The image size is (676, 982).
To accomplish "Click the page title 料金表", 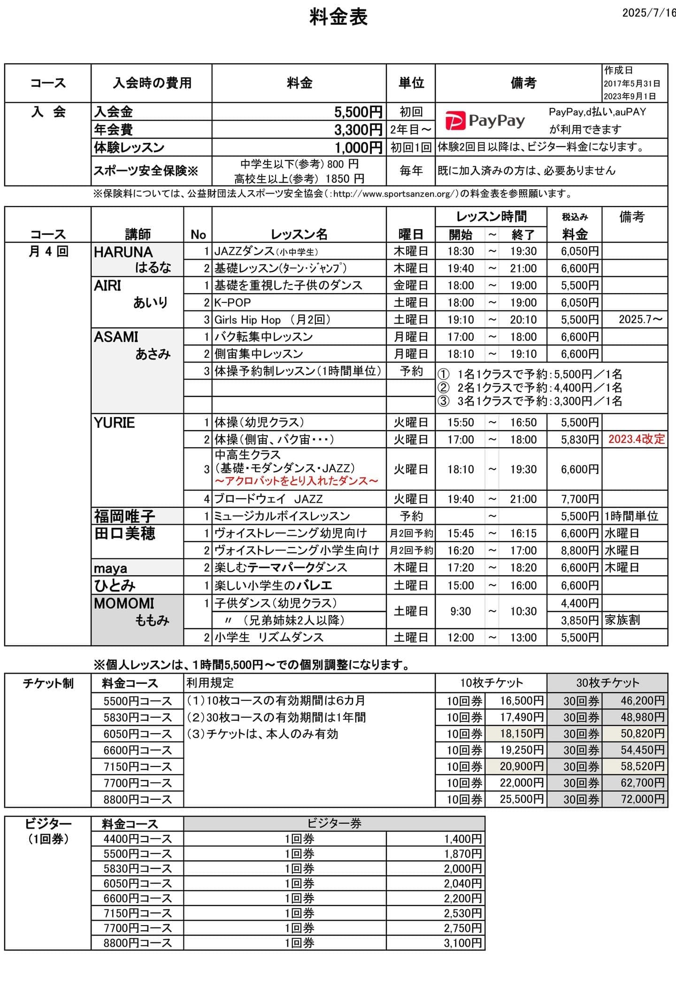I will [338, 17].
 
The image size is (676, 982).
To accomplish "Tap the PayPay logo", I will [484, 121].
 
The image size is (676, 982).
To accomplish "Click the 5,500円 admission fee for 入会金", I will [358, 112].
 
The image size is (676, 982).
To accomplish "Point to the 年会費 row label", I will [114, 130].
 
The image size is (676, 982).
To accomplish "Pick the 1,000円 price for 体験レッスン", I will [358, 148].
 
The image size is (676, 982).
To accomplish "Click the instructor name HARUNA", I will [123, 252].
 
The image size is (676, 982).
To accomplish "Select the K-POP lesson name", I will [233, 302].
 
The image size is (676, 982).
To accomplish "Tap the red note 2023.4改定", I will [637, 439].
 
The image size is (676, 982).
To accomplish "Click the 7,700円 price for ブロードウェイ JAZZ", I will [580, 499].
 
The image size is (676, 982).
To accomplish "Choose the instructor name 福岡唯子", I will [124, 516].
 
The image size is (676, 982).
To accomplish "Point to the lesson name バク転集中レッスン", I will [263, 337].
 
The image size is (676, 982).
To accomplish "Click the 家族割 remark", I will [622, 620].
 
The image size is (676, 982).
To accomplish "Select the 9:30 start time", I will [460, 611].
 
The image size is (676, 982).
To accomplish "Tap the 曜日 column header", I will [411, 234].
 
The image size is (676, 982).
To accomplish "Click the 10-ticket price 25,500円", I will [522, 799].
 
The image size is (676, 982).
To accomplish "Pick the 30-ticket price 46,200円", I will [642, 701].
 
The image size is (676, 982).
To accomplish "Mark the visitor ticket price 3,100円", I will [463, 943].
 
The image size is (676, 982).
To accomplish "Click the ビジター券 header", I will [334, 823].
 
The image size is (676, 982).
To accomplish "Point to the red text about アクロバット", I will [297, 481].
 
